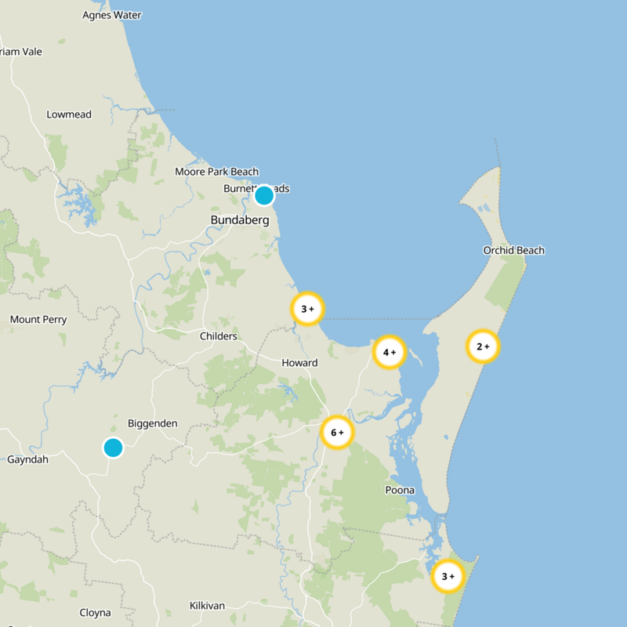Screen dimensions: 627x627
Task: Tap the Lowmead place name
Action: point(69,114)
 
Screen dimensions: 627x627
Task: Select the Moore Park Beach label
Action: point(216,172)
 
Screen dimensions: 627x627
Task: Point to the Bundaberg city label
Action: point(240,220)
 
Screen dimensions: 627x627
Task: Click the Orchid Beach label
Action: point(513,251)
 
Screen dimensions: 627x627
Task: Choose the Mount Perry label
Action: point(38,320)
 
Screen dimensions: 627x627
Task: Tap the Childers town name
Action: point(219,336)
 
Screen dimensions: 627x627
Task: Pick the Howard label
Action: point(299,363)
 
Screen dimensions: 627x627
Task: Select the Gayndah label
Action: point(27,459)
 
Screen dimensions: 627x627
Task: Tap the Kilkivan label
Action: point(208,606)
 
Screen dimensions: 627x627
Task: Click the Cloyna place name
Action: point(95,613)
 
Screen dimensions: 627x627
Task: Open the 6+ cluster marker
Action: point(337,432)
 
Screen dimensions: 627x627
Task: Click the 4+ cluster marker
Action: point(389,352)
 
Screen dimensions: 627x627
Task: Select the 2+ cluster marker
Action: point(483,346)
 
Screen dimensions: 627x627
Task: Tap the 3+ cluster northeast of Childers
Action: point(307,309)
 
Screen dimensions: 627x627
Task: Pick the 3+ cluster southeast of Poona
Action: point(448,576)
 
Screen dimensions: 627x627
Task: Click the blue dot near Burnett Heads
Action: point(264,195)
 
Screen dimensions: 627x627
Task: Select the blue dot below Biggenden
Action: point(113,448)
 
